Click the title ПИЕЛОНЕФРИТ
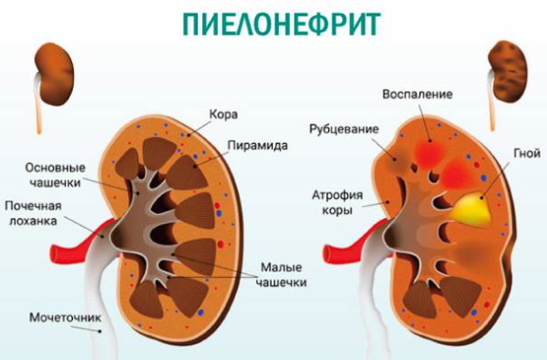(273, 22)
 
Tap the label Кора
(224, 114)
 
